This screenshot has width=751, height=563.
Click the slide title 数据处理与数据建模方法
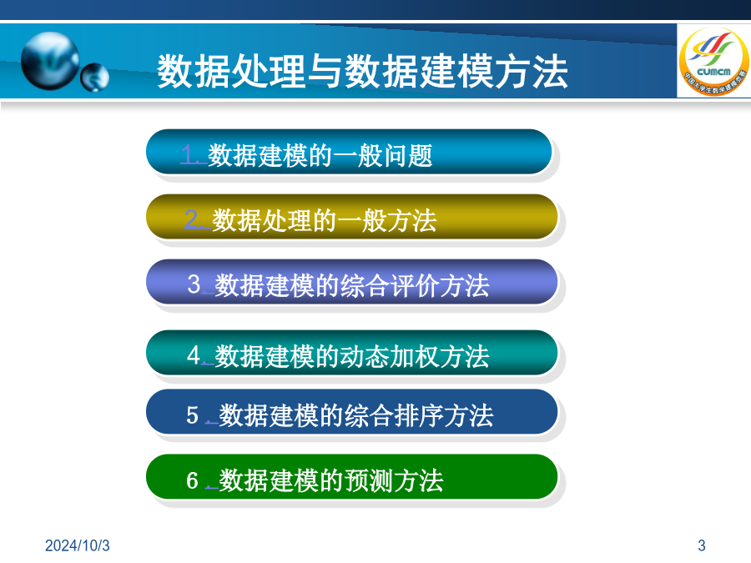363,72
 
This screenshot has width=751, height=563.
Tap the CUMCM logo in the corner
714,61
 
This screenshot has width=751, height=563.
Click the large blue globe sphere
50,61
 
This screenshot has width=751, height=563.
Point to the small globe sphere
94,77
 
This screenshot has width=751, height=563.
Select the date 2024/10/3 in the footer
77,545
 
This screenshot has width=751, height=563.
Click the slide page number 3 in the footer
702,545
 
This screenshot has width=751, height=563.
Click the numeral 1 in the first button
188,155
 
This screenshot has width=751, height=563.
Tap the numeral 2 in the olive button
192,219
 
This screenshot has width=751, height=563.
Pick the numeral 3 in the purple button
194,284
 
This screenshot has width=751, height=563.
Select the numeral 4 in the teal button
194,355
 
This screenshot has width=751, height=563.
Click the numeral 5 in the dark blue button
193,415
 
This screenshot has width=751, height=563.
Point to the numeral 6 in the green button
193,480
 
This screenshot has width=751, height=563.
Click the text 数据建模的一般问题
320,156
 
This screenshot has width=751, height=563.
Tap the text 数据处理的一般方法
325,221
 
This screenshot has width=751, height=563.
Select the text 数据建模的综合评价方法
352,285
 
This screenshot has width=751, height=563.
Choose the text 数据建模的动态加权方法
352,356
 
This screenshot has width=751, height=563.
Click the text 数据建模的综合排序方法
355,415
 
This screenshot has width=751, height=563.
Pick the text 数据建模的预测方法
331,480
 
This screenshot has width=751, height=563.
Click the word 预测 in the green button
368,480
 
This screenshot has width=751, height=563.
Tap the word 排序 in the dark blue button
418,415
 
